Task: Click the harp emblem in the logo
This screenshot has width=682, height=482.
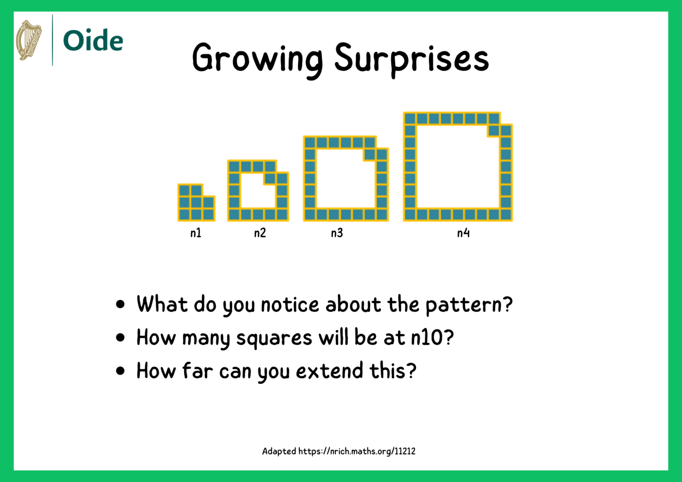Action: tap(29, 40)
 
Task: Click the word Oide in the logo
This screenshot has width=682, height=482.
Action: tap(93, 41)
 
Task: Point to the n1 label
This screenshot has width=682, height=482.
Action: tap(196, 233)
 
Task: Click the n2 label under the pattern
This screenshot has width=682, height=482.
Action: tap(260, 233)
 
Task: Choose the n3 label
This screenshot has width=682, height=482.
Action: tap(336, 233)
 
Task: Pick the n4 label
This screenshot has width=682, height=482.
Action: tap(463, 233)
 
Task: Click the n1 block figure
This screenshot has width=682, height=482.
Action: tap(196, 203)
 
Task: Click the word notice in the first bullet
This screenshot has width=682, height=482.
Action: tap(290, 304)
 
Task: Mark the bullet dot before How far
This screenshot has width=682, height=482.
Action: tap(120, 371)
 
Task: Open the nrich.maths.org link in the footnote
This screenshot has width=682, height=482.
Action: tap(357, 451)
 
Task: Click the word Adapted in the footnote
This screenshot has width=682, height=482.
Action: tap(279, 451)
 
